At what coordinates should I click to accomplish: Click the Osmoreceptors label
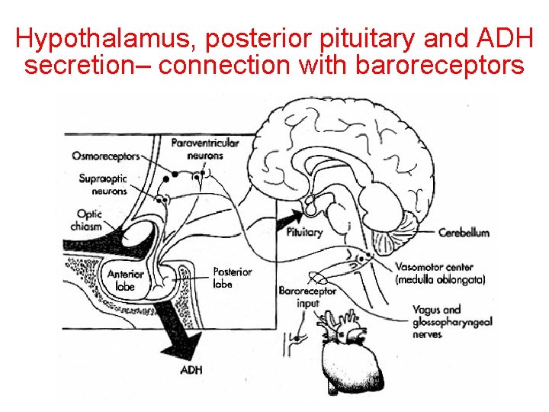[106, 156]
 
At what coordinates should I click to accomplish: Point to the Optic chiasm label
[89, 220]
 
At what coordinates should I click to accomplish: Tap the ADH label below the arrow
[191, 371]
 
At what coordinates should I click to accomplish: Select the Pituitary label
[304, 232]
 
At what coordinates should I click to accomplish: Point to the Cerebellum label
[464, 233]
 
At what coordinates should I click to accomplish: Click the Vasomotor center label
[435, 273]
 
